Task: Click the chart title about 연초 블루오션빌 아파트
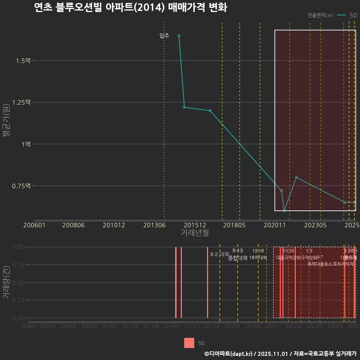tap(130, 7)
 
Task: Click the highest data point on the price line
tap(179, 36)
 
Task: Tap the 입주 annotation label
tap(164, 36)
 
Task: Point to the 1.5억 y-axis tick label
tap(24, 61)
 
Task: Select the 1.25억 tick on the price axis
tap(22, 102)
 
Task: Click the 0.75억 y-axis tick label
tap(22, 186)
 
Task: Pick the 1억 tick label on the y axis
tap(26, 144)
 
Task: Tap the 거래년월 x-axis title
tap(195, 232)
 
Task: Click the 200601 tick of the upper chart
tap(34, 225)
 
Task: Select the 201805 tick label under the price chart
tap(240, 225)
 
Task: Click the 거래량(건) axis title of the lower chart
tap(6, 283)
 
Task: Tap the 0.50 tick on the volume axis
tap(18, 282)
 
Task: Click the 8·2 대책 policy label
tap(219, 254)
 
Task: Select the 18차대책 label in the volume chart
tap(258, 258)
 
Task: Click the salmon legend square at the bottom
tap(189, 343)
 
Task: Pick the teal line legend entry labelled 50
tap(347, 15)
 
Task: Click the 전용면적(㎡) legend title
tap(320, 15)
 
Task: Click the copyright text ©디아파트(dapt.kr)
tap(229, 354)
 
